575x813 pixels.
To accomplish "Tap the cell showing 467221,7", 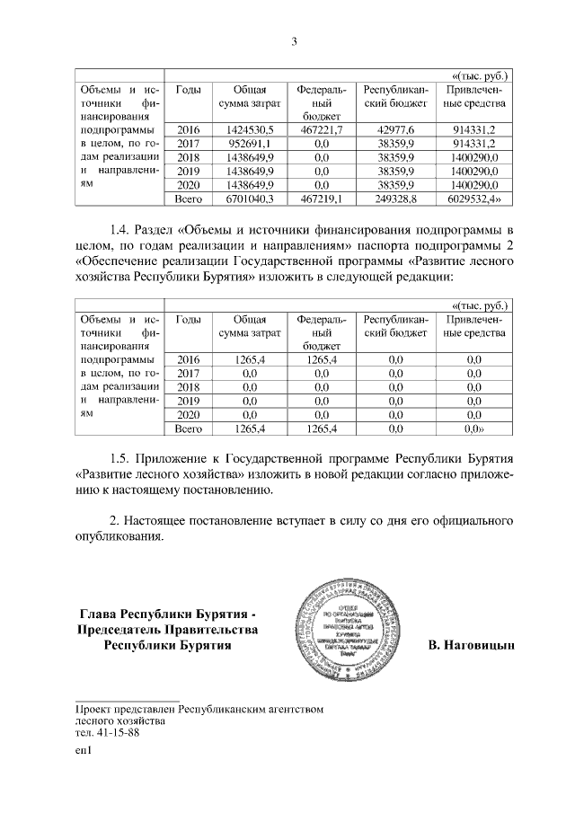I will (x=321, y=129).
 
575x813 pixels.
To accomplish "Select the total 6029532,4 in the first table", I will (x=476, y=198).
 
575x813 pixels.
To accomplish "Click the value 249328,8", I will (x=395, y=198).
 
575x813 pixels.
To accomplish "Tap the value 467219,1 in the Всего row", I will (x=321, y=198).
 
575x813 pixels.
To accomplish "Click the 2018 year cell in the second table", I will (x=189, y=386).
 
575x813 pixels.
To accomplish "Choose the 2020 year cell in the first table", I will (x=189, y=183).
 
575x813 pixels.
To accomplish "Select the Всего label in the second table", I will (x=189, y=429).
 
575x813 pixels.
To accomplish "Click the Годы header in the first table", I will (x=189, y=91).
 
